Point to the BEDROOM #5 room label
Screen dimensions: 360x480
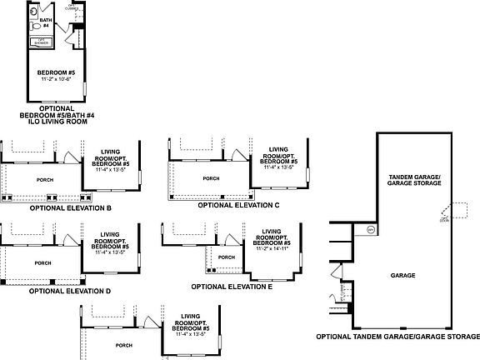[x=55, y=73]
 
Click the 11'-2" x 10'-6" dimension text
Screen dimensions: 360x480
[x=55, y=80]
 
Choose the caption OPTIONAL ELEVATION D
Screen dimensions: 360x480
[x=69, y=291]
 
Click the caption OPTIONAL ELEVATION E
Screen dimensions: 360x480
[x=232, y=286]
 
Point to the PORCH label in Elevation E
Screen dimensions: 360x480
[x=226, y=257]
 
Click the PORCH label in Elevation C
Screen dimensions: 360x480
[x=212, y=178]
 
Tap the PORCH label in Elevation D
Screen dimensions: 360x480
[x=42, y=262]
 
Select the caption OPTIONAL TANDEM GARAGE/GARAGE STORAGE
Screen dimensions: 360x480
[x=397, y=337]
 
